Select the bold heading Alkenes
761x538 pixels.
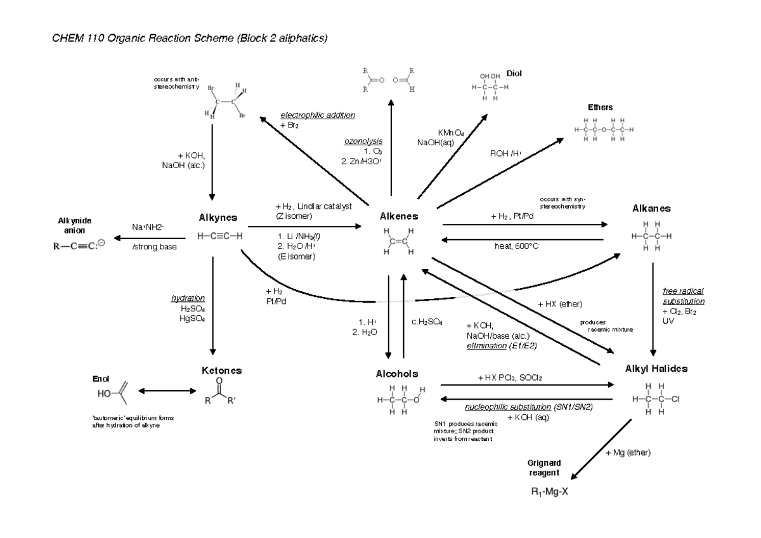pos(398,216)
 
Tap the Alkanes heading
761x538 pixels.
pos(651,208)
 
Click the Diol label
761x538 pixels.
pos(514,74)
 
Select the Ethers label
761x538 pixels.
pos(600,107)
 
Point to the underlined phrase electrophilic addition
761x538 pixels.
pos(318,115)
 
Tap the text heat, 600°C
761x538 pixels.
pos(517,246)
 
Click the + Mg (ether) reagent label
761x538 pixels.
pos(628,452)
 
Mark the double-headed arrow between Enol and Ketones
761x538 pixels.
pos(166,391)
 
